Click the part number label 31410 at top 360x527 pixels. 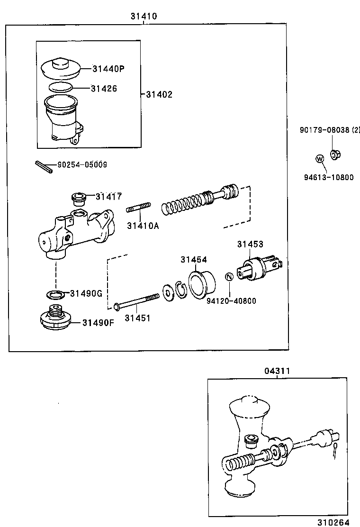[x=144, y=16]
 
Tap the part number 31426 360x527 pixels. [x=104, y=88]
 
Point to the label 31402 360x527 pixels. [x=159, y=94]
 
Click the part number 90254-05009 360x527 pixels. [x=81, y=165]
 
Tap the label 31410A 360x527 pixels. [x=143, y=226]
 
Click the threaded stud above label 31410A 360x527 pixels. [x=138, y=208]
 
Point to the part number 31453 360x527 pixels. [x=250, y=244]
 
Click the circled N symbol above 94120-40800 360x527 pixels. [x=228, y=277]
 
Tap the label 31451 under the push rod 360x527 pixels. [x=137, y=318]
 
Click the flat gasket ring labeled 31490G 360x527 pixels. [x=56, y=295]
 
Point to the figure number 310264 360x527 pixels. [x=333, y=522]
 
